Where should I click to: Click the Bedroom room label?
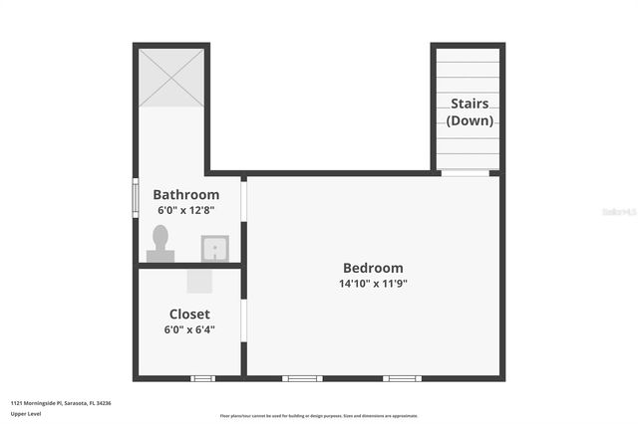(373, 268)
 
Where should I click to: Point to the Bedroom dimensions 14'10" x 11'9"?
(373, 284)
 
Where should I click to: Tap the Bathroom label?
(185, 195)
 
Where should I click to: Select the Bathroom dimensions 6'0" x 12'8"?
(185, 211)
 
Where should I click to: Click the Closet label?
(188, 315)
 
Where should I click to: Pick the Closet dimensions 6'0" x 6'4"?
(188, 329)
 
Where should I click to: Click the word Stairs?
(470, 104)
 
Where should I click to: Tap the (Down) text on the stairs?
(470, 120)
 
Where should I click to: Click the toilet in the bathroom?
(160, 244)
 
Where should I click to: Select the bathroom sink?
(214, 248)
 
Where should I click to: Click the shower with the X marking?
(171, 78)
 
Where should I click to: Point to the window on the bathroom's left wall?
(136, 196)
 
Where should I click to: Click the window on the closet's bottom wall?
(202, 378)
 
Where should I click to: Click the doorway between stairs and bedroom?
(466, 173)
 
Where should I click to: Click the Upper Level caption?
(26, 413)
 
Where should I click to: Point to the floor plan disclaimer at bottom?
(319, 416)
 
